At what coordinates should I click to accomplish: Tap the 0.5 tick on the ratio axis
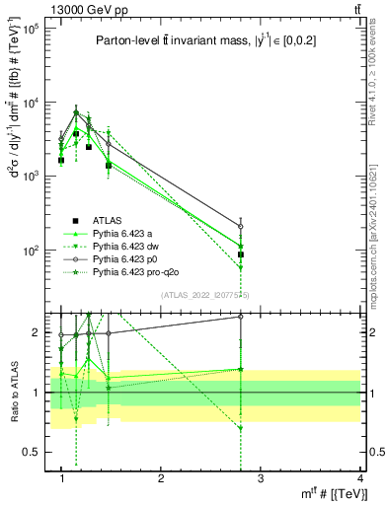(x=33, y=452)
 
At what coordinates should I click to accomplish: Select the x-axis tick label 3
(x=261, y=478)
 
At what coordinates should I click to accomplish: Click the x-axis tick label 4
(x=359, y=478)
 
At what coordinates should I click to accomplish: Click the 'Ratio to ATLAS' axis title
(x=12, y=393)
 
